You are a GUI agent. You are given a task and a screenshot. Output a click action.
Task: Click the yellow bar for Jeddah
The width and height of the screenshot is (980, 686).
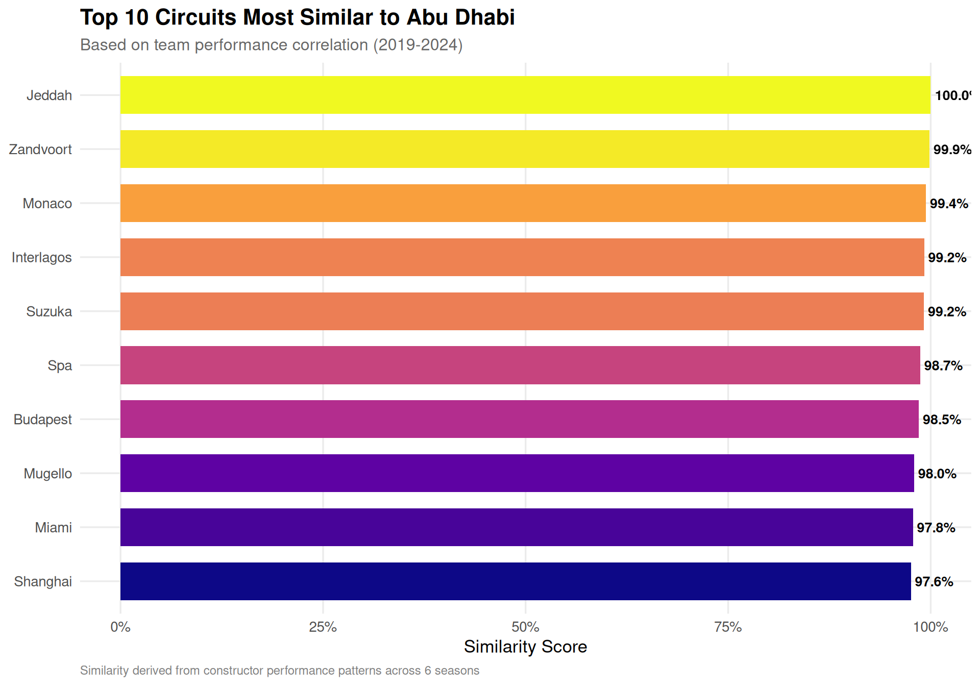coord(525,95)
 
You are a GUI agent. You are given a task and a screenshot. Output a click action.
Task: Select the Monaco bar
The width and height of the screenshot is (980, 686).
coord(523,203)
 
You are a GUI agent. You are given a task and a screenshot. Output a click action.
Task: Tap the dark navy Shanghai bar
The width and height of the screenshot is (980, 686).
coord(516,581)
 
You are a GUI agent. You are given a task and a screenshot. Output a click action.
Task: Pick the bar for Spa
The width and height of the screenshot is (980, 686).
coord(520,365)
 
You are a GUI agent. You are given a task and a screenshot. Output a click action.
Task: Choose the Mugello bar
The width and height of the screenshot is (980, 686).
coord(517,473)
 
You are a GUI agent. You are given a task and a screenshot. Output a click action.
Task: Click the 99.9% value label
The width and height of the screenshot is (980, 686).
coord(952,150)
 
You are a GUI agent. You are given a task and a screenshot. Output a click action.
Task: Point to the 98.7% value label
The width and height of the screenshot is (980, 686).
coord(943,365)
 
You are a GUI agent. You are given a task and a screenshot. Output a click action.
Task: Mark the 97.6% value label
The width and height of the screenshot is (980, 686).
coord(934,581)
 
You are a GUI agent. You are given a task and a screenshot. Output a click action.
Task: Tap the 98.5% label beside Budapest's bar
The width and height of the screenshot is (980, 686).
coord(942,420)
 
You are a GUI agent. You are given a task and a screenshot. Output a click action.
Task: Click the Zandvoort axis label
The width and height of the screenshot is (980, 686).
coord(40,150)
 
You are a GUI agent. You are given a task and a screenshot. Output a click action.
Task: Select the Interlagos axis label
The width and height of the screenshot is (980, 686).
coord(42,257)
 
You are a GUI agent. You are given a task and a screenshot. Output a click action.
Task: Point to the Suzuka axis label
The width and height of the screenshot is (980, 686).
coord(49,311)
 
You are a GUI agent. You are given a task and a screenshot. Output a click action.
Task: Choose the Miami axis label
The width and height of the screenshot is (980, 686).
coord(53,527)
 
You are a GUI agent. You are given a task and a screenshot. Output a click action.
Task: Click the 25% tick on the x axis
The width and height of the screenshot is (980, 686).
coord(323,627)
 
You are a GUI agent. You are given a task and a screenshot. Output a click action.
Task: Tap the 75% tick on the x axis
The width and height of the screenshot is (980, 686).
coord(728,627)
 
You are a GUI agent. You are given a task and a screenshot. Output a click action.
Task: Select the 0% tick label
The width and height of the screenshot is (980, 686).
coord(120,627)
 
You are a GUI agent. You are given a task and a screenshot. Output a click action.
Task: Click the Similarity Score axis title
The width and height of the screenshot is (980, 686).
coord(525,647)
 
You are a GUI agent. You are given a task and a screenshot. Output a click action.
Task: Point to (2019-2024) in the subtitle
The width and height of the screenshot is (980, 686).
coord(418,45)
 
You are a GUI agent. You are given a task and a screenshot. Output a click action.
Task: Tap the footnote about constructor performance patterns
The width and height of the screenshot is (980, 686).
coord(280,670)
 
